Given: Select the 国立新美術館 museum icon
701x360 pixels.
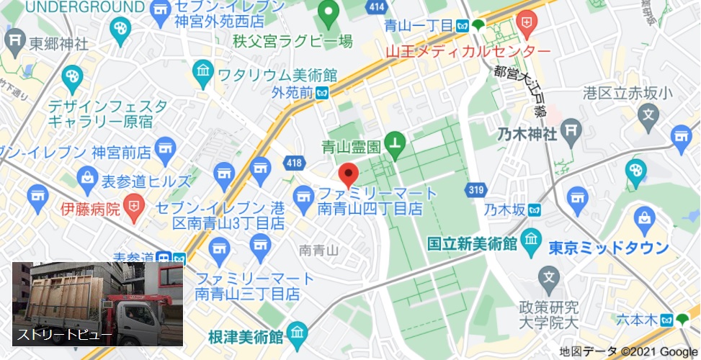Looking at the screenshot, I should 530,239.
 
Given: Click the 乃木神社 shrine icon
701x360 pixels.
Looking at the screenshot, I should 573,131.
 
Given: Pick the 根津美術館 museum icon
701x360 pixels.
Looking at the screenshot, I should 296,333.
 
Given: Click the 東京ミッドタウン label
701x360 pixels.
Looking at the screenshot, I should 609,248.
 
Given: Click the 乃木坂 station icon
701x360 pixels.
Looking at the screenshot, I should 533,210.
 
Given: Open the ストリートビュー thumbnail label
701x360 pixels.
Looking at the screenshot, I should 65,335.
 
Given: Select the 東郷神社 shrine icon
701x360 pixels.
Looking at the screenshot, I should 15,42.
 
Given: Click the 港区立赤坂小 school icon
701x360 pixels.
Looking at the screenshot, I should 650,114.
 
